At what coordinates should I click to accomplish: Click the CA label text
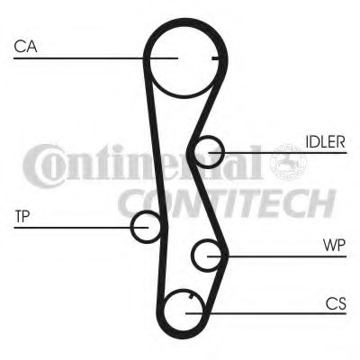pos(25,47)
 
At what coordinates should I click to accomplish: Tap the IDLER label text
pos(326,142)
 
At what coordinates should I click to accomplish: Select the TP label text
pos(22,216)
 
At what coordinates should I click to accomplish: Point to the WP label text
pos(334,245)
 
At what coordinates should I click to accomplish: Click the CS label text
pos(336,303)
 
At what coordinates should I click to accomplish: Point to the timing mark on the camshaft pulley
pos(216,58)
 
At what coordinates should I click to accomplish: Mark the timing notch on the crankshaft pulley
pos(191,296)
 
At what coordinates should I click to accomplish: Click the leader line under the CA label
pos(95,58)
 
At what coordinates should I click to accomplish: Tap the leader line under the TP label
pos(81,228)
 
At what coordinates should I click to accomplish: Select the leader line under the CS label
pos(265,313)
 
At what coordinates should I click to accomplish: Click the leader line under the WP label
pos(276,256)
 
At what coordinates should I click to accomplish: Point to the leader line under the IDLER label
pos(278,153)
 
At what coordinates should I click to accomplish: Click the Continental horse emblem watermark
pos(288,162)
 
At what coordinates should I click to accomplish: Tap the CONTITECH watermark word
pos(227,203)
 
